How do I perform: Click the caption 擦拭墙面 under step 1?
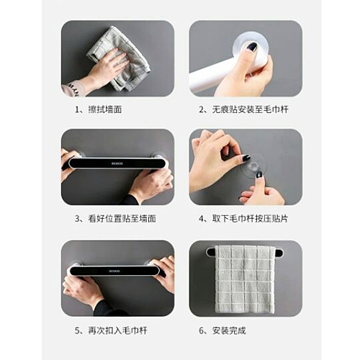click(105, 109)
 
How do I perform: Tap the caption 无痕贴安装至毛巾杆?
click(250, 109)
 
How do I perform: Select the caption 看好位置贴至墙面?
click(122, 219)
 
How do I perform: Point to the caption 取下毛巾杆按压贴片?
click(250, 219)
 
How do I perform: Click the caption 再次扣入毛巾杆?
click(117, 330)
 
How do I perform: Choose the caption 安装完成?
click(229, 330)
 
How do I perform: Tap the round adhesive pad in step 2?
click(251, 47)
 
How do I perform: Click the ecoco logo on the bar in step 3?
click(117, 163)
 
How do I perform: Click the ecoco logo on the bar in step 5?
click(114, 271)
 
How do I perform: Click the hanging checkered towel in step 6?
click(245, 279)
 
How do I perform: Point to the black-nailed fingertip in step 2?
click(252, 47)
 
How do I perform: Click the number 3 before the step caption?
click(77, 219)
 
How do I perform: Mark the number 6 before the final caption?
click(201, 330)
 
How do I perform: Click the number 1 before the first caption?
click(77, 110)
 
